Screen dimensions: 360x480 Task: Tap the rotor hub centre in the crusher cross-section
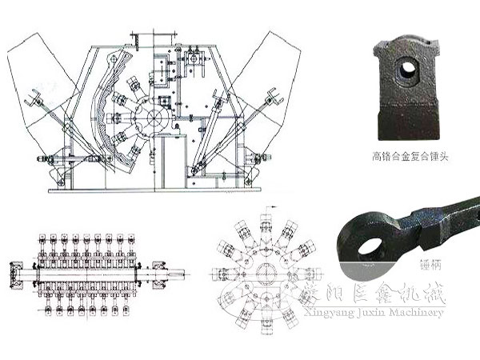pos(153,115)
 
